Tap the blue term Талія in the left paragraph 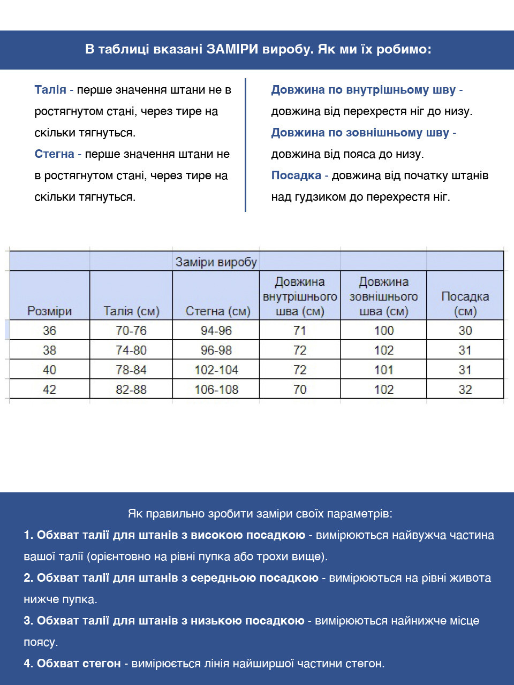(x=50, y=90)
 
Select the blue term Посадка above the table (x=296, y=176)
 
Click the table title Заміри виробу (x=216, y=262)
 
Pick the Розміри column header (x=49, y=311)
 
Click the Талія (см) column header (x=131, y=311)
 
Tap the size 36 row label (x=49, y=331)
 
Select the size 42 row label (x=49, y=390)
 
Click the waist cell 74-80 (x=131, y=351)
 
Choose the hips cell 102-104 (x=216, y=370)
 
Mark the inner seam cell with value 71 (x=300, y=331)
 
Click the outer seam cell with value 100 (x=384, y=331)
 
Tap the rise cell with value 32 (x=465, y=390)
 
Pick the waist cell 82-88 (x=131, y=390)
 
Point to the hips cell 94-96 (x=216, y=331)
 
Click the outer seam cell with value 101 (x=384, y=370)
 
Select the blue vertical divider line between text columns (x=245, y=144)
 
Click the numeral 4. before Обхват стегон (x=28, y=664)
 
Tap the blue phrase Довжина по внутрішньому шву (x=363, y=90)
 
